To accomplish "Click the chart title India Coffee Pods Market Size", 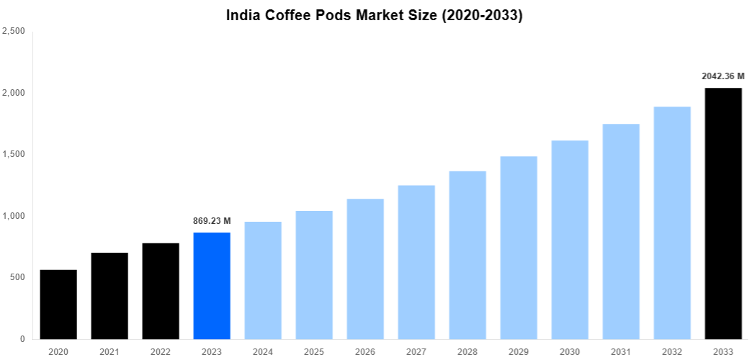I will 374,15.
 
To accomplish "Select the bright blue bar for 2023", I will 212,286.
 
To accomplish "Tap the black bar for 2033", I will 723,213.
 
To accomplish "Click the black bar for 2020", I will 58,305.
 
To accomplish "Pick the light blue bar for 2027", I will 416,262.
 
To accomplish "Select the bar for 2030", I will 570,240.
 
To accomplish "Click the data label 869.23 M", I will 212,221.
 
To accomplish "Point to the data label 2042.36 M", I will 723,76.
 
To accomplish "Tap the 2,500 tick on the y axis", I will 14,32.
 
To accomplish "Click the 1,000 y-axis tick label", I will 14,216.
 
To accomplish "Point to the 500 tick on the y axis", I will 17,277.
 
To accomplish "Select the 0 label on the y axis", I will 23,339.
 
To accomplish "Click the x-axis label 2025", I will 314,351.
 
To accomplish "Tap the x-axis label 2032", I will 672,351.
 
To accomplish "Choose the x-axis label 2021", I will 109,351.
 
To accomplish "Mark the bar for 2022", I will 161,291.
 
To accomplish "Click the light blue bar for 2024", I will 263,280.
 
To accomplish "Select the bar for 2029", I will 519,248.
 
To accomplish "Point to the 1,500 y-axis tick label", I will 14,155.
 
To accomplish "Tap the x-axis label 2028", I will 467,351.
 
